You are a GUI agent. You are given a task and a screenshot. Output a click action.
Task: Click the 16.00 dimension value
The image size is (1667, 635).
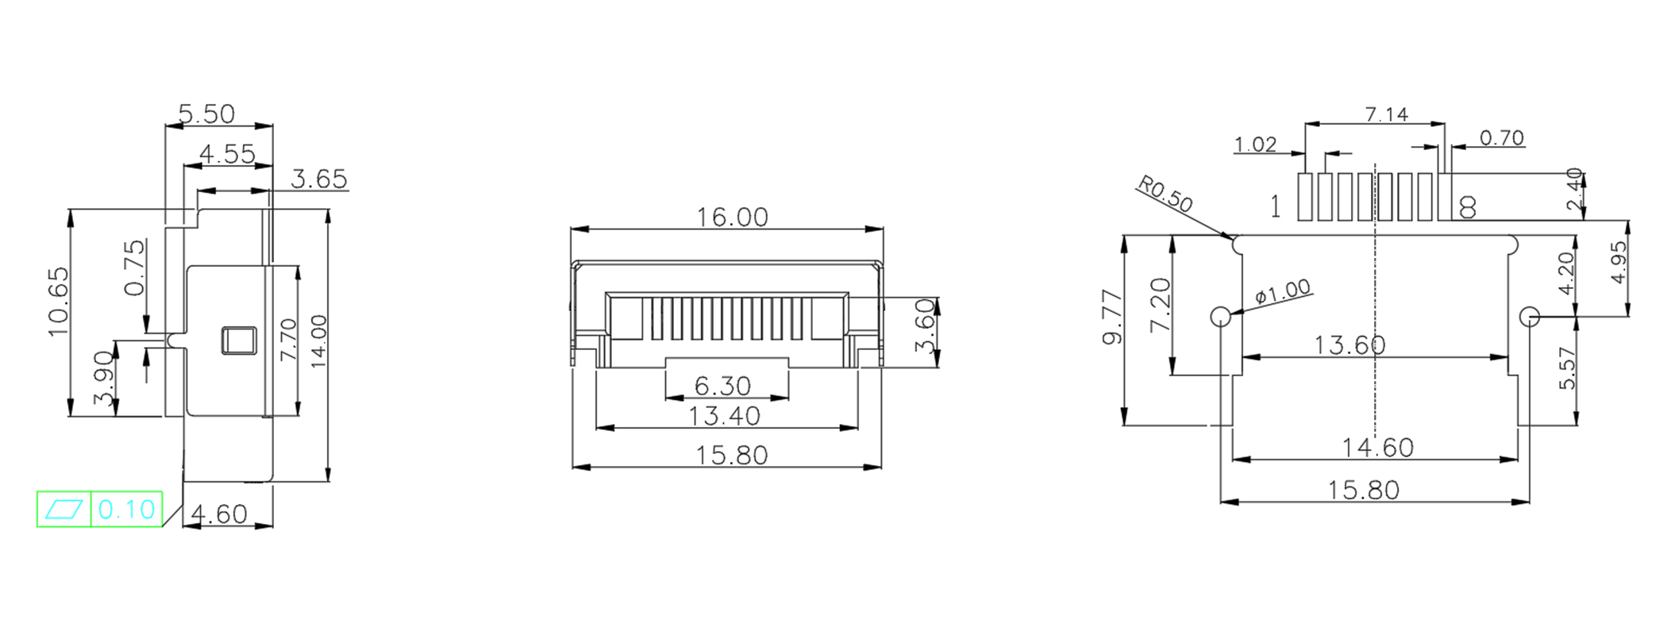click(x=732, y=217)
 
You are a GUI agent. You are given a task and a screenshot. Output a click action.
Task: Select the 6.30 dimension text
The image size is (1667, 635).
click(x=722, y=387)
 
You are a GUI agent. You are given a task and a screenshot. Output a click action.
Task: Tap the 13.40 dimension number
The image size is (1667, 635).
click(x=724, y=416)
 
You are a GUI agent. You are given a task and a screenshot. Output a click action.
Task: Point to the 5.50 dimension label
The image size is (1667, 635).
click(x=206, y=114)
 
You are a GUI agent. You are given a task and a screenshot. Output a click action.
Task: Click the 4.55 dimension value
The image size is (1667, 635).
click(x=227, y=154)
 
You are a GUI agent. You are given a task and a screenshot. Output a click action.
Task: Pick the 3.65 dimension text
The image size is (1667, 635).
click(x=319, y=179)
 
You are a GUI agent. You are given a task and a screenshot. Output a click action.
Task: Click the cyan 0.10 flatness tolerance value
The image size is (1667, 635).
click(x=127, y=510)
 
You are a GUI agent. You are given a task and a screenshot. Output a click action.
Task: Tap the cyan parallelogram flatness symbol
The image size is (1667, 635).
click(x=64, y=510)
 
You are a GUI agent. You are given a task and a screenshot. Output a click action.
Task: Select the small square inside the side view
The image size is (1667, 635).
click(x=239, y=340)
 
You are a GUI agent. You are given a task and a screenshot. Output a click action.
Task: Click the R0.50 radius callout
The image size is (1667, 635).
click(x=1165, y=194)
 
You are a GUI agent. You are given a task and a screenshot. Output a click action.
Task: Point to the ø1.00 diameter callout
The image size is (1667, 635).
click(x=1283, y=292)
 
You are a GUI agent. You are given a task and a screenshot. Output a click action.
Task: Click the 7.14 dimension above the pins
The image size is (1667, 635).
click(x=1386, y=115)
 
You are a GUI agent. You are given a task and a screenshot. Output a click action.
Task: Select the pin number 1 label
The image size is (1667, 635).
click(x=1275, y=207)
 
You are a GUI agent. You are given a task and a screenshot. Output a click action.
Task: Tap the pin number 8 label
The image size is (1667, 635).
click(x=1468, y=208)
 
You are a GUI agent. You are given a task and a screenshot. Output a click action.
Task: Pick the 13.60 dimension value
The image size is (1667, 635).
click(x=1349, y=345)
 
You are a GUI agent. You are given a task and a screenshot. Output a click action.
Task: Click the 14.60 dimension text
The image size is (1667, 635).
click(x=1378, y=448)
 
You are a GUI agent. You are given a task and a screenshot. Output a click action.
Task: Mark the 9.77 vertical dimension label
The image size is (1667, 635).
click(x=1112, y=317)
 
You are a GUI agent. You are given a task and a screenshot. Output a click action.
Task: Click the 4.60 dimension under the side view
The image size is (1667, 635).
click(x=219, y=514)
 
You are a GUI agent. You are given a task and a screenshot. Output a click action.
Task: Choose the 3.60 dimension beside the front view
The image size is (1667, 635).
click(x=925, y=325)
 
